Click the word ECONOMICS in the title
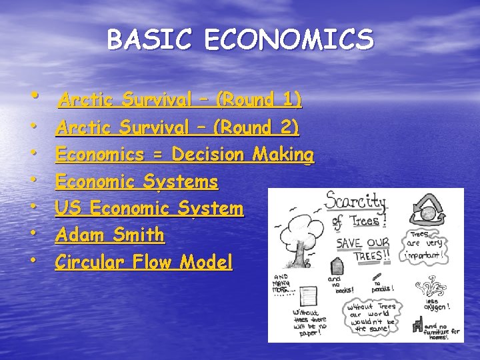point(289,40)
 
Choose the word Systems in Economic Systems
point(185,181)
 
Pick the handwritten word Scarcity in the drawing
point(357,202)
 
